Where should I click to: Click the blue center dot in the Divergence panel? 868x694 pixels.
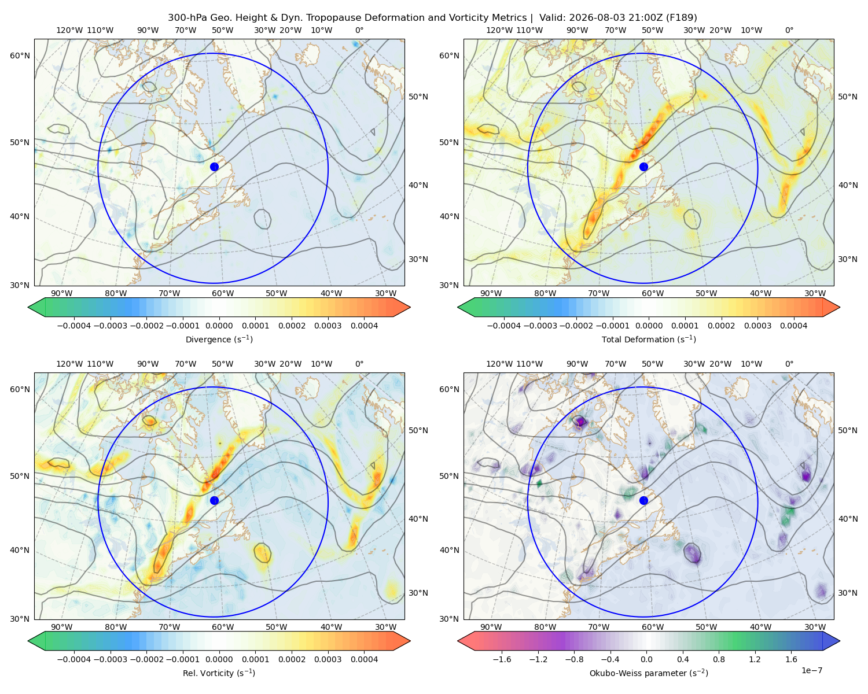coord(214,167)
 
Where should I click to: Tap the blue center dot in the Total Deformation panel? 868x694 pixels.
coord(643,167)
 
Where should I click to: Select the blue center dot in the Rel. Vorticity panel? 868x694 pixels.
coord(214,500)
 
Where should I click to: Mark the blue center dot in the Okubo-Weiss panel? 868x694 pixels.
coord(643,500)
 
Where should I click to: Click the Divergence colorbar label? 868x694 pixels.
coord(219,339)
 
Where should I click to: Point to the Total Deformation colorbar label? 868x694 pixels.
coord(649,339)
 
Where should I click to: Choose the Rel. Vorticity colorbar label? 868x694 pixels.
coord(219,673)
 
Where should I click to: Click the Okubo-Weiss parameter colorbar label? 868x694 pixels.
coord(649,673)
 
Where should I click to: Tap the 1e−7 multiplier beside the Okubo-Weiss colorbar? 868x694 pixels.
coord(811,670)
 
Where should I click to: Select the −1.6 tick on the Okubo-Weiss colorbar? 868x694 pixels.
coord(502,659)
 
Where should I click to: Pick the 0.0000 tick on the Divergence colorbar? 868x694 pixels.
coord(219,326)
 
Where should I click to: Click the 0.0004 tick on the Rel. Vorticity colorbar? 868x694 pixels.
coord(364,659)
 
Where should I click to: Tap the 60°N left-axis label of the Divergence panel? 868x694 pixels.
coord(20,56)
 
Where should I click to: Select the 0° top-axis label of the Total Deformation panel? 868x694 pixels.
coord(789,30)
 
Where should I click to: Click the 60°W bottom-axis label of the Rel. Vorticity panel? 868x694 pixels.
coord(223,627)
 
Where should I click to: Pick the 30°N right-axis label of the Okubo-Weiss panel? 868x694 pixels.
coord(848,592)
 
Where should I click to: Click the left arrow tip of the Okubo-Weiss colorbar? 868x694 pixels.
coord(458,641)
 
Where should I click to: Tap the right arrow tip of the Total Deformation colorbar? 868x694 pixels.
coord(840,307)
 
